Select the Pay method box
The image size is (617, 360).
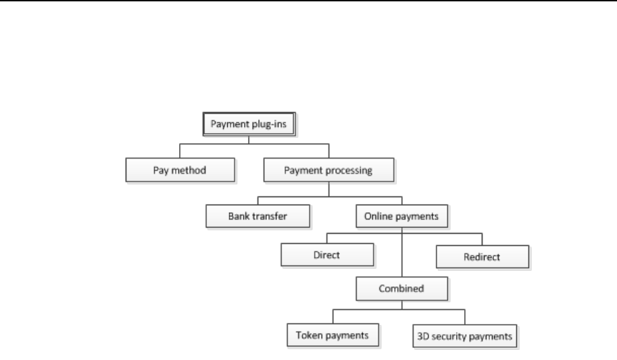coord(180,171)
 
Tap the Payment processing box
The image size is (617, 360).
coord(328,171)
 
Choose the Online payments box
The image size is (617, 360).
coord(401,217)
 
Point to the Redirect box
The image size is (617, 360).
coord(482,257)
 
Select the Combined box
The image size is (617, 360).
coord(401,288)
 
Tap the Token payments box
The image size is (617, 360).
coord(332,334)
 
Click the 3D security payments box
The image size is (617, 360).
coord(465,334)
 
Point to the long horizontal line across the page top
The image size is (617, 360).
coord(308,1)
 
